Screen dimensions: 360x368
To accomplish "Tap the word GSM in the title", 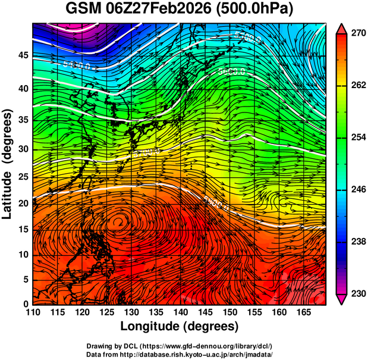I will tap(83, 10).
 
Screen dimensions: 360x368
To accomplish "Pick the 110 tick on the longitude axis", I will tap(33, 313).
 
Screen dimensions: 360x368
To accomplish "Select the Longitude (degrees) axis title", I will tap(180, 327).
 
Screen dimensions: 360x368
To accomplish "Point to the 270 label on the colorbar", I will tap(358, 34).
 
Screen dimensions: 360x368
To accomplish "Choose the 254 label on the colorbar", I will tap(358, 137).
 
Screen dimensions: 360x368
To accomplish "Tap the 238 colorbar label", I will tap(358, 242).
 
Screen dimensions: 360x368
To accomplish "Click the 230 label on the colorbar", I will tap(358, 293).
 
